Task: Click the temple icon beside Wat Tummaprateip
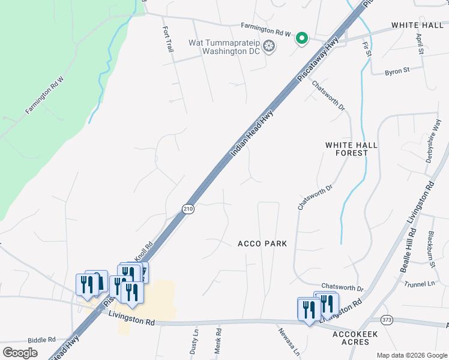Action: pyautogui.click(x=270, y=46)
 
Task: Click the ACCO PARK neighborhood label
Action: pyautogui.click(x=262, y=244)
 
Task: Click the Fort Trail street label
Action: pyautogui.click(x=167, y=39)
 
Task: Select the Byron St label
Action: pyautogui.click(x=397, y=70)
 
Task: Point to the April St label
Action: pyautogui.click(x=420, y=44)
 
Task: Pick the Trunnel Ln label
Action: pyautogui.click(x=419, y=283)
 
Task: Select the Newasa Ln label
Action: pyautogui.click(x=289, y=341)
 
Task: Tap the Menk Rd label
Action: pyautogui.click(x=219, y=340)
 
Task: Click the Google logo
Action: pyautogui.click(x=20, y=353)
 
